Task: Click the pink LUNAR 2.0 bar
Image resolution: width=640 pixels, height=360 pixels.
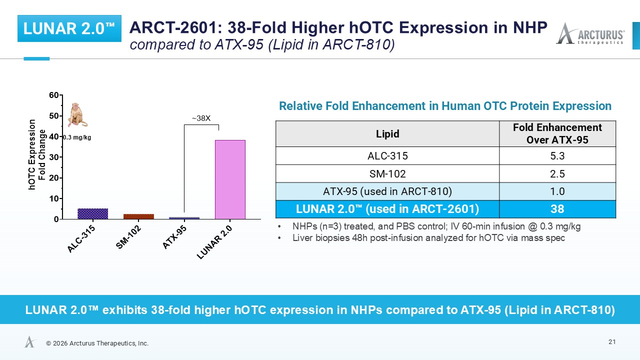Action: tap(230, 179)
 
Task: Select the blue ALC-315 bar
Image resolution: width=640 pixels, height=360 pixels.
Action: tap(93, 213)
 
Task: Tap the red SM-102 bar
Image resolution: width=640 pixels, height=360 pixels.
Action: tap(138, 216)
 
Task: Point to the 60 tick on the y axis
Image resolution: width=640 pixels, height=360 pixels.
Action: tap(61, 95)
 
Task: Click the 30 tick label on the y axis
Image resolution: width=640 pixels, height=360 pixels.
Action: tap(53, 157)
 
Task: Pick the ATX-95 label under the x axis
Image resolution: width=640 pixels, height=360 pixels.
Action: tap(174, 237)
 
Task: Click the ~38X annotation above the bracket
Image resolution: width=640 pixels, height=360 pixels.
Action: tap(201, 118)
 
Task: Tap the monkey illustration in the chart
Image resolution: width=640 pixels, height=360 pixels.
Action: tap(77, 115)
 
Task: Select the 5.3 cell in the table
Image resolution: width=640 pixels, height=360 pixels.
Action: tap(557, 156)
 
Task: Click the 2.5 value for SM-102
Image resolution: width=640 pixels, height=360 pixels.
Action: tap(557, 173)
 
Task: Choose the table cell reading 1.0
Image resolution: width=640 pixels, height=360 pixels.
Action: tap(557, 191)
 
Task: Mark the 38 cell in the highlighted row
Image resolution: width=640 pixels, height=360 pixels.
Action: tap(557, 209)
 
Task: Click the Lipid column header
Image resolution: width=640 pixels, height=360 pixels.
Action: tap(387, 133)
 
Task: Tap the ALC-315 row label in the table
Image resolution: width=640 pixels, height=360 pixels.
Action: tap(387, 156)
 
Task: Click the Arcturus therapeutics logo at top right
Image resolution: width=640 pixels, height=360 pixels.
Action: tap(590, 33)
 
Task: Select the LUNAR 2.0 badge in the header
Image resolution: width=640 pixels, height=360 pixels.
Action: tap(69, 28)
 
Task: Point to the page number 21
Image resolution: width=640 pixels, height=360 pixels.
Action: tap(612, 342)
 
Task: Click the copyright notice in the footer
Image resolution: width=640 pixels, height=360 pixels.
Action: tap(97, 343)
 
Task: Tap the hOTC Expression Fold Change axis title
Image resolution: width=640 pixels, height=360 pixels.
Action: tap(37, 154)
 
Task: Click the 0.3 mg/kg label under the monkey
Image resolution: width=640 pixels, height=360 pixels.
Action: tap(77, 137)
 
